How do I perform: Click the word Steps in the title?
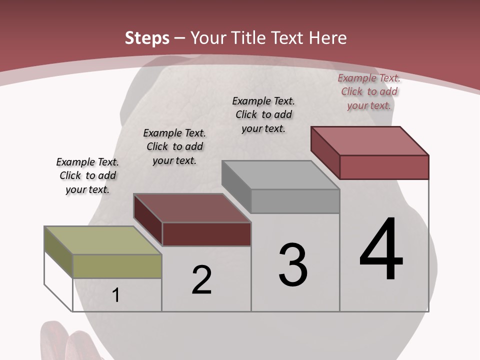tap(147, 38)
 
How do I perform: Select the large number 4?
tap(381, 250)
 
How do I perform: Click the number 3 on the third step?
tap(293, 265)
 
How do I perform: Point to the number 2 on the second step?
tap(202, 280)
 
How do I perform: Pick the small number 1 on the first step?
tap(116, 295)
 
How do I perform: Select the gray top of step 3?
tap(280, 175)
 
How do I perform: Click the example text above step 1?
tap(87, 175)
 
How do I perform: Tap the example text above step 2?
tap(174, 146)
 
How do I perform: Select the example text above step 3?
tap(263, 114)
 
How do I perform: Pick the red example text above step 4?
tap(369, 91)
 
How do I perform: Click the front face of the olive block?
tap(117, 266)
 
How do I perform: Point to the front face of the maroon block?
tap(206, 234)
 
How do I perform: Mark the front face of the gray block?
tap(295, 201)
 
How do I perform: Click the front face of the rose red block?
tap(384, 167)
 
